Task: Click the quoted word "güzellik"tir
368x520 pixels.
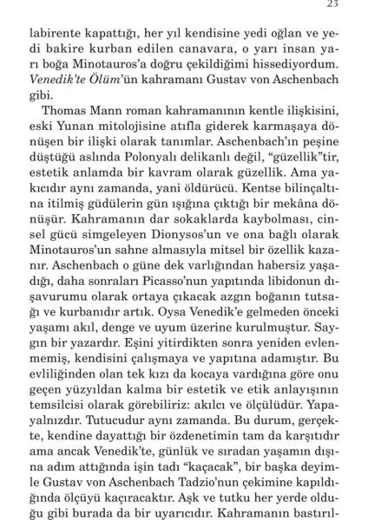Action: point(294,169)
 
